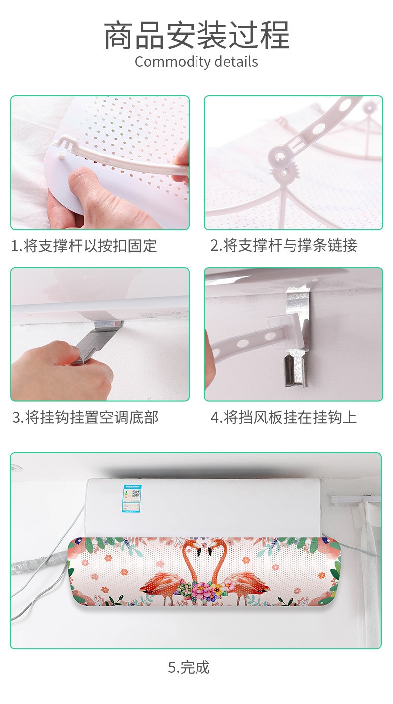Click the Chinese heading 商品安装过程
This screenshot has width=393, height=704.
coord(196,35)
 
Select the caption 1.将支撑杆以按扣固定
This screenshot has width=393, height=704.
coord(84,246)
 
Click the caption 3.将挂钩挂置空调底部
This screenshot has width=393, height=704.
coord(85,417)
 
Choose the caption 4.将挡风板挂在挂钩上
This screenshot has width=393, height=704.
coord(284,417)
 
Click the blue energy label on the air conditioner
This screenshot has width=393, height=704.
coord(132,498)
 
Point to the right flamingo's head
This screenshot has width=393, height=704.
coord(210,549)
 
